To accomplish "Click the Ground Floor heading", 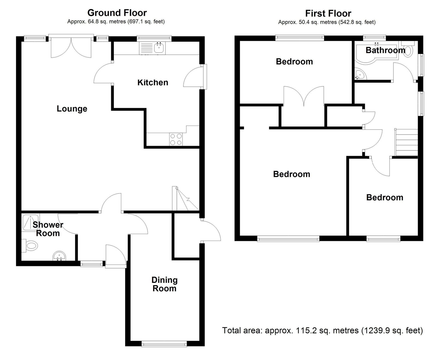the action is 117,13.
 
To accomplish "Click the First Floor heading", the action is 328,13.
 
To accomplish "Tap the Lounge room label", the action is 72,109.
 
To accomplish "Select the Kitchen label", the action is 153,83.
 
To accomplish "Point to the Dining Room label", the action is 165,284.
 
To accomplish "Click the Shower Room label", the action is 48,229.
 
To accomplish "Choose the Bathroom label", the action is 385,50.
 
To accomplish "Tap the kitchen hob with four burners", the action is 176,139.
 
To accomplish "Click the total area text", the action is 323,331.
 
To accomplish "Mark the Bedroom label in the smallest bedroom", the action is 385,198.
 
